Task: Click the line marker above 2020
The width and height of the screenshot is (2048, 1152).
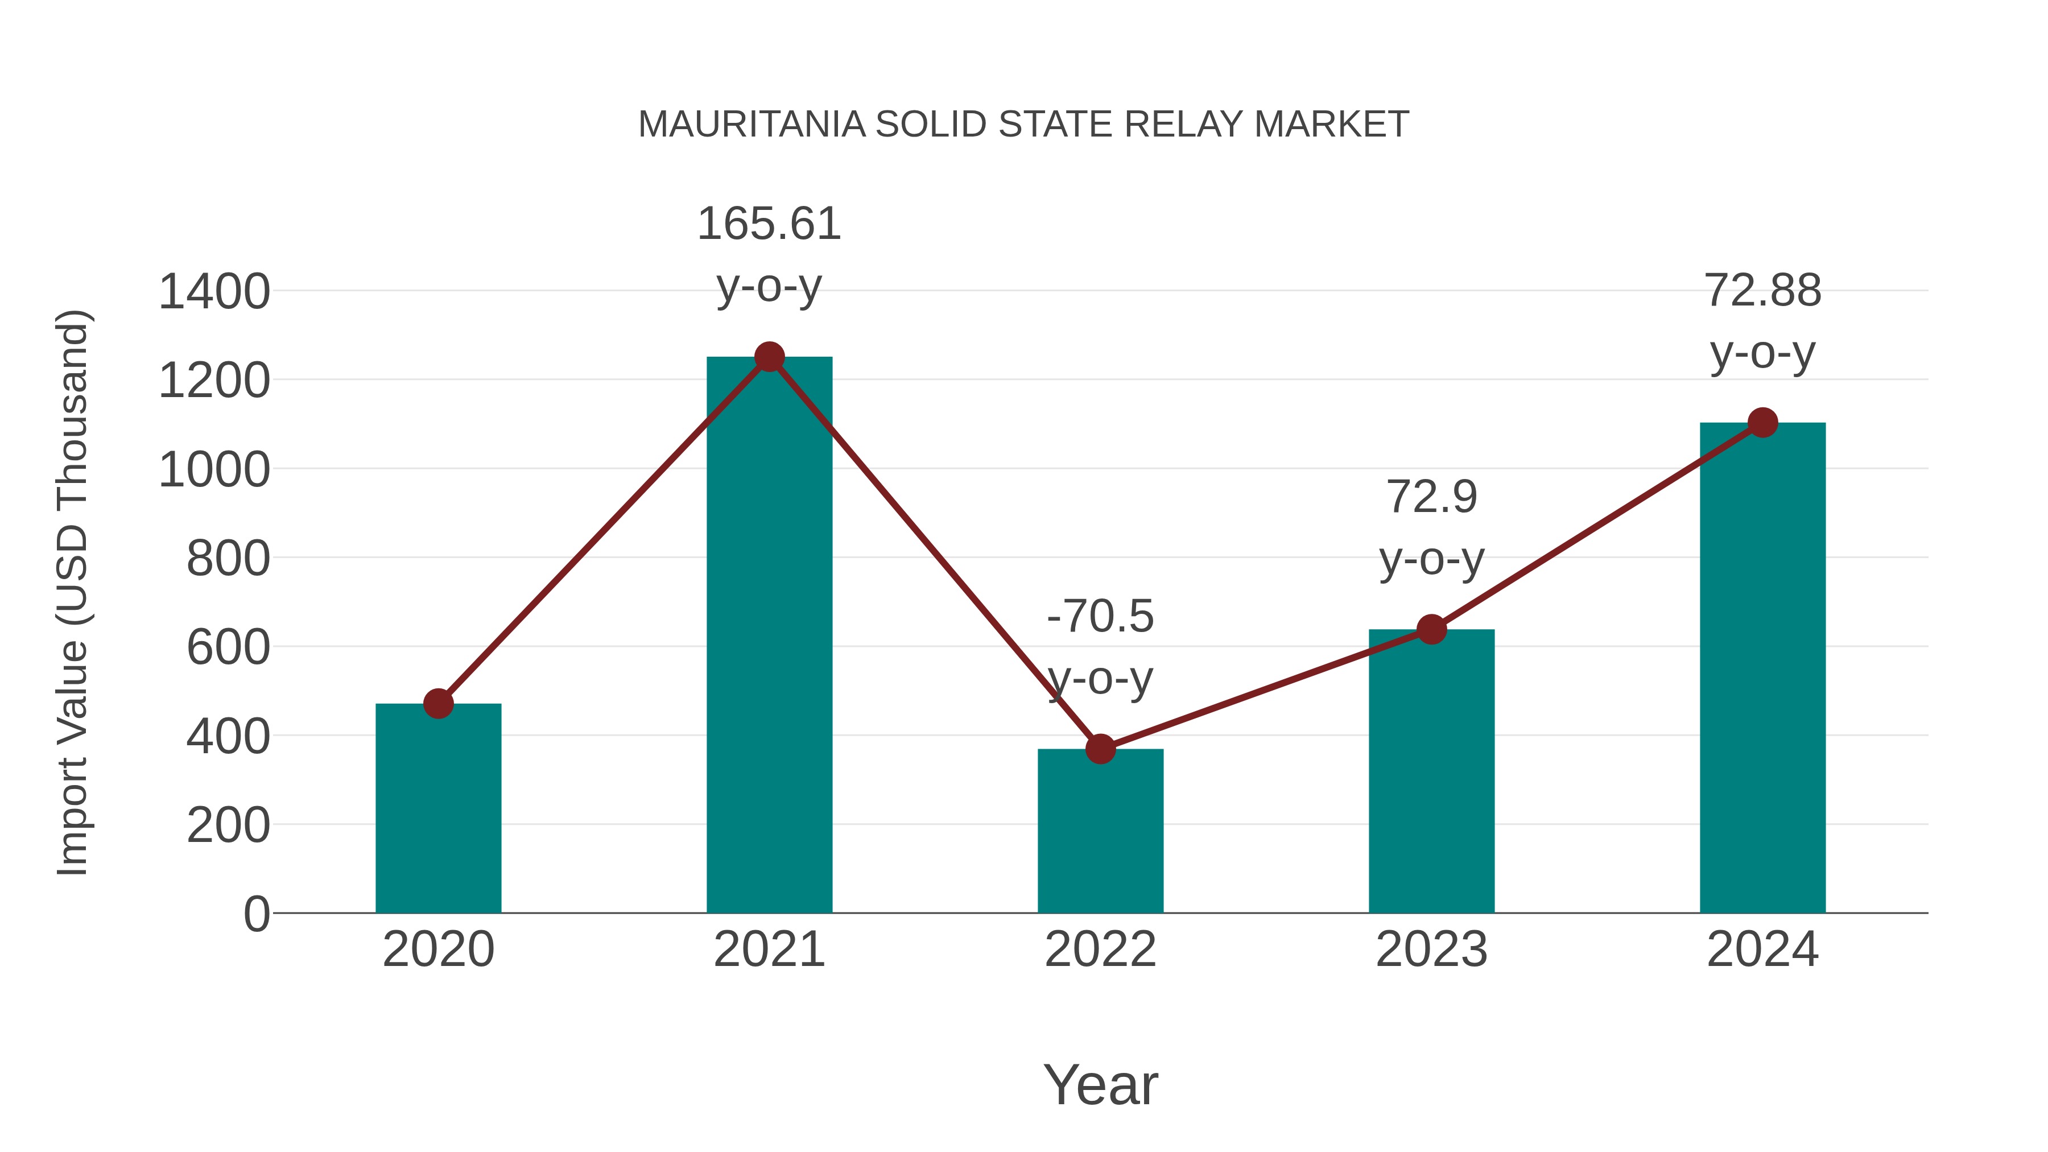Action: pos(438,704)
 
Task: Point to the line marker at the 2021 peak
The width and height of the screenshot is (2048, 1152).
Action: pos(769,357)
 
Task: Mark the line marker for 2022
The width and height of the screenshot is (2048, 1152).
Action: pos(1100,749)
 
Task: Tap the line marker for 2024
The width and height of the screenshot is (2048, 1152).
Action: pos(1762,423)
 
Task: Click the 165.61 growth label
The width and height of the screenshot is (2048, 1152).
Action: pos(769,224)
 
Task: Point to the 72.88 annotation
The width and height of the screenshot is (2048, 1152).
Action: pos(1762,291)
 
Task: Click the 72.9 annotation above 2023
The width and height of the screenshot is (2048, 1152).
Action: pos(1431,498)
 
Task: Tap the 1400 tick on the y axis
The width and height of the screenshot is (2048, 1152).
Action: pos(214,292)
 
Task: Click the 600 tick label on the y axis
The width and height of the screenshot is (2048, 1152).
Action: pos(228,647)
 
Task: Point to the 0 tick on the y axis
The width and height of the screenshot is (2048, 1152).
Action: pos(256,914)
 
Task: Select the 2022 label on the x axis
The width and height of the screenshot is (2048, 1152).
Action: pos(1100,949)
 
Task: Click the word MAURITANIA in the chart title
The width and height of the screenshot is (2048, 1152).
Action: pos(752,125)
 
